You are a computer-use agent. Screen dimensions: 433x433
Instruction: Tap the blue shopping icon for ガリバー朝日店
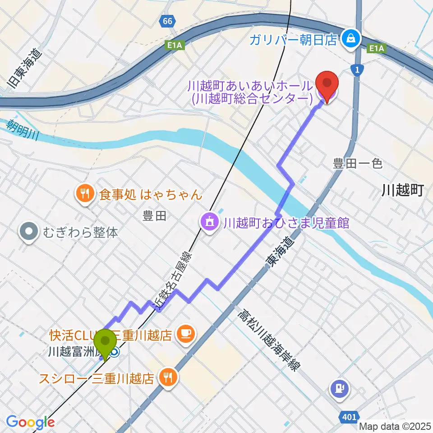tap(350, 40)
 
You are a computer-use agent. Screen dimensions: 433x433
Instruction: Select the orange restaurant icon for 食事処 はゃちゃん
tap(84, 194)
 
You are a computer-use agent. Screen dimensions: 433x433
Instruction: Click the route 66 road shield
tap(167, 21)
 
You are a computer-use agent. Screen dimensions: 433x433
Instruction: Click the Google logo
tap(30, 422)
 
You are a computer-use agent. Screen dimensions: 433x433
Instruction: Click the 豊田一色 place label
tap(358, 163)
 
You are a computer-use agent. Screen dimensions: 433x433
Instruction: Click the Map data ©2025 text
tap(395, 426)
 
